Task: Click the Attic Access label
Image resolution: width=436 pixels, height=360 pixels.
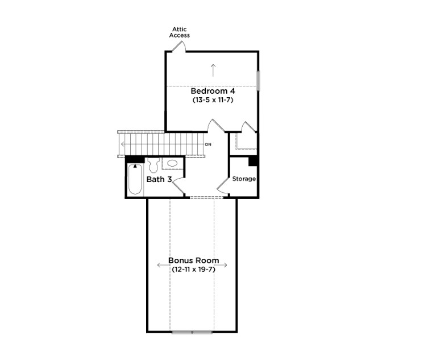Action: tap(180, 32)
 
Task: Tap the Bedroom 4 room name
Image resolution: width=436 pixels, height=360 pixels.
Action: tap(213, 91)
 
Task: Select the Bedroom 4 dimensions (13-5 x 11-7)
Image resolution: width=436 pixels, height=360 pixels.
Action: tap(213, 100)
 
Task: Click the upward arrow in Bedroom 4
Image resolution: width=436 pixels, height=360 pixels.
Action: tap(213, 70)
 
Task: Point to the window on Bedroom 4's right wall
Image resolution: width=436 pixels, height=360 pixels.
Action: tap(258, 80)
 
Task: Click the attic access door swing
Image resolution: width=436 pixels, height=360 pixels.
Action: tap(179, 47)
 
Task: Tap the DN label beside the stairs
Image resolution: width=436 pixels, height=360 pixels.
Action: tap(208, 144)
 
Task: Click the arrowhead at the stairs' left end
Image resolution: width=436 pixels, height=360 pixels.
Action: tap(123, 144)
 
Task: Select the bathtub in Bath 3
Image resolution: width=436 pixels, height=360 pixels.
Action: tap(135, 179)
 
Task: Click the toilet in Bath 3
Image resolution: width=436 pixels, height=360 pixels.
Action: tap(153, 165)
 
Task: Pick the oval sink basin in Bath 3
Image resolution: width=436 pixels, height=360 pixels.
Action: tap(173, 163)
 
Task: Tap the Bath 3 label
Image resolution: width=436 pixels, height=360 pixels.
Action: tap(159, 179)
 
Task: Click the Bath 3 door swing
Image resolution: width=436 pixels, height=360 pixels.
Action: tap(178, 185)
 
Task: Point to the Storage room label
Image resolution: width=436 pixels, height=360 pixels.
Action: tap(244, 179)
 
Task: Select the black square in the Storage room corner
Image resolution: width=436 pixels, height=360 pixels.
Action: tap(252, 162)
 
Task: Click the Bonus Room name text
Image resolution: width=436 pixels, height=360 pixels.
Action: tap(194, 260)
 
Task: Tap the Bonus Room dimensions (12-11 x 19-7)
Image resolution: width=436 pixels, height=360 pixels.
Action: tap(193, 270)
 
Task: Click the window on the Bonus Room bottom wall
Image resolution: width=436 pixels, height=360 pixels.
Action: tap(192, 332)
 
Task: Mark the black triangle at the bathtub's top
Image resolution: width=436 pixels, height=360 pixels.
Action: tap(135, 166)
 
